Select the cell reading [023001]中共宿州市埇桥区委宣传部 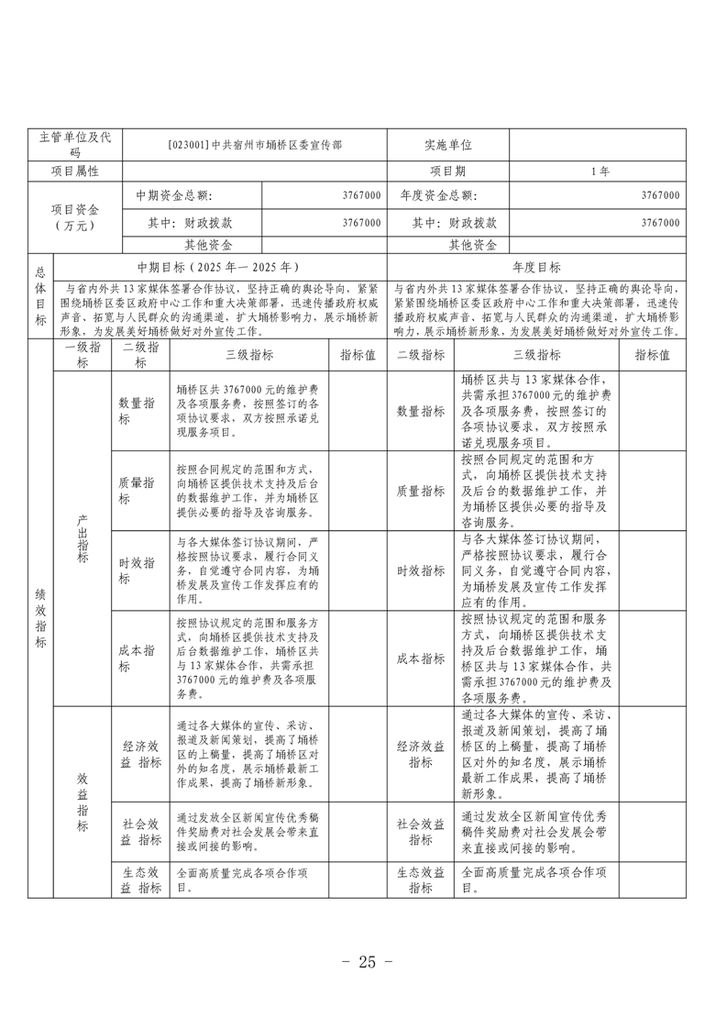[254, 145]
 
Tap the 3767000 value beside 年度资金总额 [660, 195]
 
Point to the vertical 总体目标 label [40, 296]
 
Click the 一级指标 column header [82, 356]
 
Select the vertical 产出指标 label [82, 538]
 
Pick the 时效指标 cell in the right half [421, 570]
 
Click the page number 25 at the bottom [366, 962]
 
